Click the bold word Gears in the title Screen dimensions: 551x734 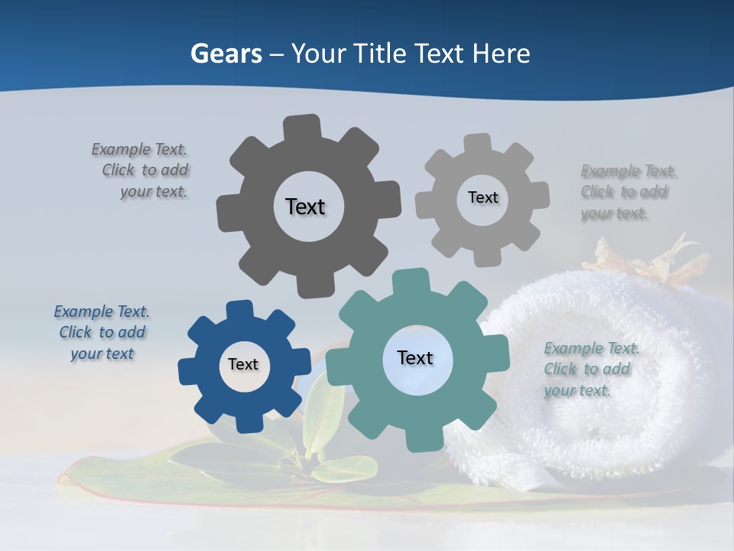[x=226, y=54]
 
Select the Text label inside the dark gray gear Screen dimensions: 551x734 [x=305, y=207]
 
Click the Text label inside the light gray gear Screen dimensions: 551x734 [x=482, y=197]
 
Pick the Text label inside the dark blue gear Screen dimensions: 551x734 [x=242, y=364]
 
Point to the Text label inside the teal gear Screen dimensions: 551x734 [x=415, y=357]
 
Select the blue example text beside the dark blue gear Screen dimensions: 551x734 [x=102, y=332]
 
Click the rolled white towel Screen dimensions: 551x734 [x=604, y=383]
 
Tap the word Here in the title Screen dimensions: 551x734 [x=502, y=54]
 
